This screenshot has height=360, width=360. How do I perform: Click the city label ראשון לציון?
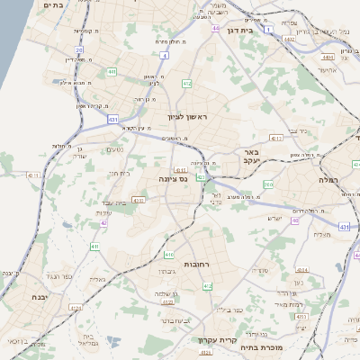[x=187, y=117]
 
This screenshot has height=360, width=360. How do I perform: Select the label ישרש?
[x=275, y=219]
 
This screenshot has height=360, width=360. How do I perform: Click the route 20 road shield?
[x=79, y=50]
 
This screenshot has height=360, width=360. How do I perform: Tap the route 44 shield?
[x=216, y=29]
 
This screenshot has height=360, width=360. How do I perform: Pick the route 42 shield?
[x=104, y=222]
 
